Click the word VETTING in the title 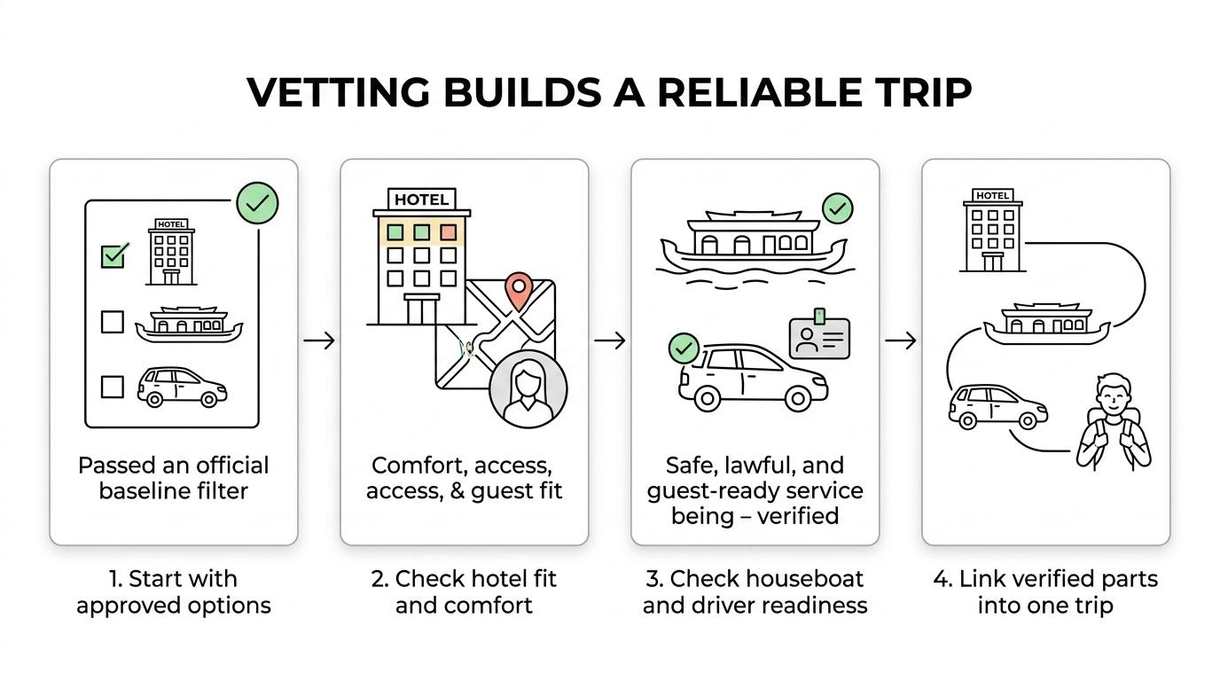point(338,92)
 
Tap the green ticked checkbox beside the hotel point(113,255)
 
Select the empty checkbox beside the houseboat point(113,322)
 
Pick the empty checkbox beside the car point(113,387)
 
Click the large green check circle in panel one point(257,203)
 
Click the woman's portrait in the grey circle point(528,389)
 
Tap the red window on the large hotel point(449,232)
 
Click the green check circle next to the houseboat point(837,208)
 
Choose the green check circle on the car point(684,348)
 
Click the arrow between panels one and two point(319,340)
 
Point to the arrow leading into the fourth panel point(900,340)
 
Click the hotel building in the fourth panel point(992,231)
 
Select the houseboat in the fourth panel point(1046,324)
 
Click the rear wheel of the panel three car point(707,398)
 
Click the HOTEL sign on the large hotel point(421,200)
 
